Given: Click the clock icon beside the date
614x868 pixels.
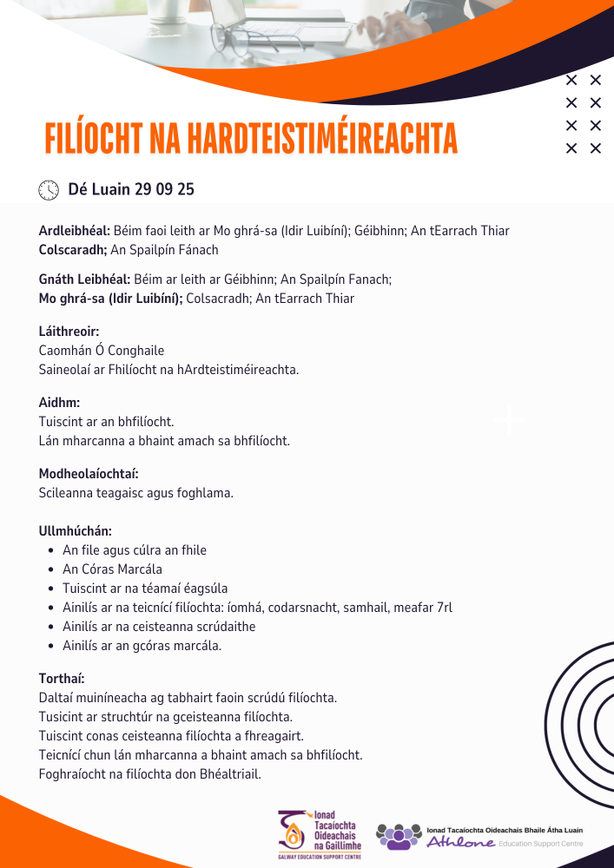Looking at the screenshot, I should coord(49,189).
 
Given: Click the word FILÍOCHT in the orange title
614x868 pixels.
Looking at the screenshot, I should coord(94,137).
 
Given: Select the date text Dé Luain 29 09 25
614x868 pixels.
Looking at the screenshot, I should coord(131,189).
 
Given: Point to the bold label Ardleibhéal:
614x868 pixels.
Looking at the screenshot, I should coord(75,231).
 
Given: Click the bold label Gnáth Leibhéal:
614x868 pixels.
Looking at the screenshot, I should coord(84,279).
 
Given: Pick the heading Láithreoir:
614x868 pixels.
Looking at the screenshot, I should coord(69,332).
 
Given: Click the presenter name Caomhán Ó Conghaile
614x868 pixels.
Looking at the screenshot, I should coord(102,351).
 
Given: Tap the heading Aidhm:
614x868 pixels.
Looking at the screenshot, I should coord(60,403).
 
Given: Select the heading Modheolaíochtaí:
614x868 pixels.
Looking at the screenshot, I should coord(89,474).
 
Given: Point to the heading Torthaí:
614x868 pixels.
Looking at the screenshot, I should coord(62,679).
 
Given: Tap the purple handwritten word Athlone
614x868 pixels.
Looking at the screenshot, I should coord(460,842).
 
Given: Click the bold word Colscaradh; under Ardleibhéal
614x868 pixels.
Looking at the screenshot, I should coord(73,250).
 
